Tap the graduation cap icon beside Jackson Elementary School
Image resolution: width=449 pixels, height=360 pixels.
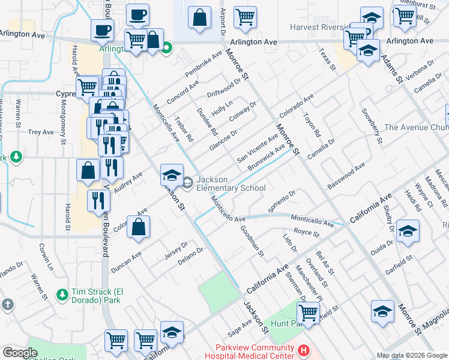pos(172,175)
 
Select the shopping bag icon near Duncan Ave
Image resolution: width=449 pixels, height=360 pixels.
pos(138,227)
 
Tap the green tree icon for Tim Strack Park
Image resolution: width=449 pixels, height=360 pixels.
pos(61,295)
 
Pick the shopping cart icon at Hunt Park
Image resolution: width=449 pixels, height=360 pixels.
pos(308,312)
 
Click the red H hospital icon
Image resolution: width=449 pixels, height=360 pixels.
pos(304,350)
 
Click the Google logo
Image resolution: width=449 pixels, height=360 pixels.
pos(20,353)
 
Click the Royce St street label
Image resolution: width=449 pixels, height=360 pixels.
pos(306,232)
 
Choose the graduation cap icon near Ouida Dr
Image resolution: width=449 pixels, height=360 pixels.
pos(408,232)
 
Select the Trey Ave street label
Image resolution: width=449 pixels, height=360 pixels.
pos(41,132)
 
